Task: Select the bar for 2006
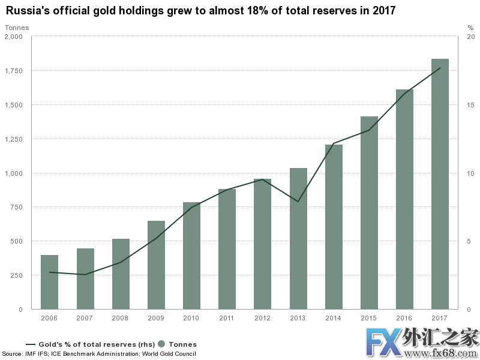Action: point(50,282)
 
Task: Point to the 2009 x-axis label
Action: point(156,318)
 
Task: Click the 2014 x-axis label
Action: point(334,318)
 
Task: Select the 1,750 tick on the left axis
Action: point(14,71)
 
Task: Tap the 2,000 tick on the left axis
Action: point(14,37)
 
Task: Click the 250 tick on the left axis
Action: point(16,275)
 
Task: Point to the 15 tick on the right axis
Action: point(472,105)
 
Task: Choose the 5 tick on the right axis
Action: point(470,241)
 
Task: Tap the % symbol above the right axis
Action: point(470,28)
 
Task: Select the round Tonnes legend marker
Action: point(161,344)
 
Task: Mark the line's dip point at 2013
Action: point(298,202)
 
